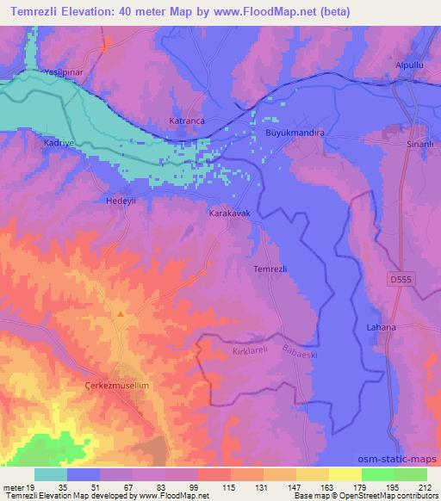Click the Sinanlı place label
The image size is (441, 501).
coord(418,143)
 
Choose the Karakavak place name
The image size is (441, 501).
coord(228,211)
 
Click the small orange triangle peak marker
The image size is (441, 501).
coord(121,314)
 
